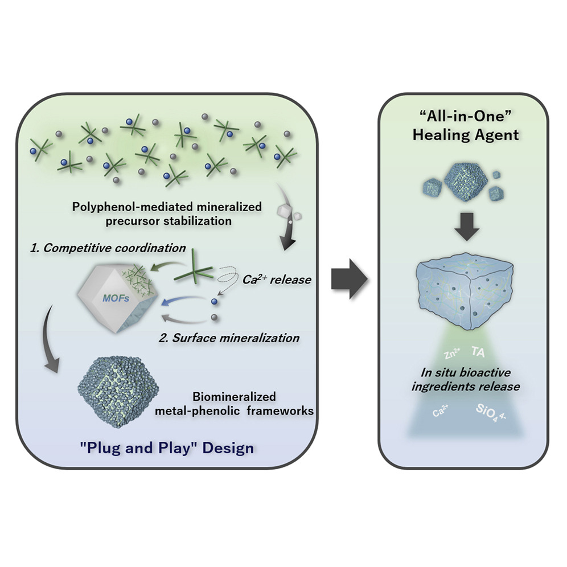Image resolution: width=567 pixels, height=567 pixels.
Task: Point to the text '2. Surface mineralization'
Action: tap(229, 338)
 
